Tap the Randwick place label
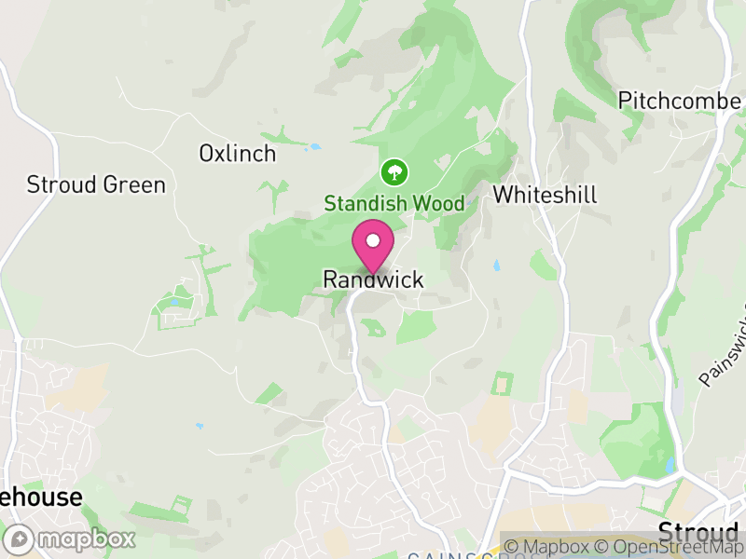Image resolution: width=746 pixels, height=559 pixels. [373, 279]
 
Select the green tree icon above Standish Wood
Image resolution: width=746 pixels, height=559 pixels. [394, 171]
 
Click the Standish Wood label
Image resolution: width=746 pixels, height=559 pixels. [394, 203]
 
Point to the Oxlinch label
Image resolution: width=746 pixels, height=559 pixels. [238, 154]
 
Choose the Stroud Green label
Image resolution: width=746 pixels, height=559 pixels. [96, 184]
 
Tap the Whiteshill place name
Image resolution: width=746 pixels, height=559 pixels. [545, 195]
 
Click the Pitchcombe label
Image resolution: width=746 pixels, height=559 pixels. [680, 101]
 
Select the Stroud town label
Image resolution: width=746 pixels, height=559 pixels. [698, 533]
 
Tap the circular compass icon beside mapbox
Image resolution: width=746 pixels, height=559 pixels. [21, 539]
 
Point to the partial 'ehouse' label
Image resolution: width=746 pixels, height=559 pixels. [41, 498]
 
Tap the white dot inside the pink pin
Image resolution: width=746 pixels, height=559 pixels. [373, 240]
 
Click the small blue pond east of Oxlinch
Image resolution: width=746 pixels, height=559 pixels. [315, 147]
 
